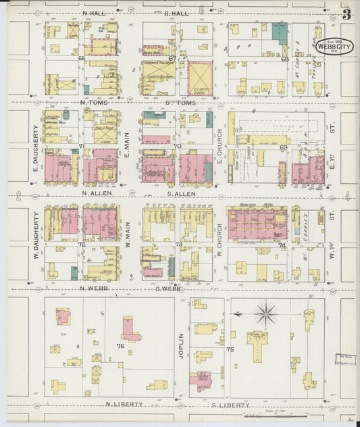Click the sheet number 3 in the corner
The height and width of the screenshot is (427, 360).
pyautogui.click(x=346, y=14)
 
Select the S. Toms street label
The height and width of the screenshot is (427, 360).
pyautogui.click(x=180, y=103)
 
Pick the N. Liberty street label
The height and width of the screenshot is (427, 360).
pyautogui.click(x=124, y=404)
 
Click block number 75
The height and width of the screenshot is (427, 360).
pyautogui.click(x=230, y=349)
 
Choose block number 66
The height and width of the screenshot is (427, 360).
pyautogui.click(x=81, y=59)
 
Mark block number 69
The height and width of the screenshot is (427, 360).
pyautogui.click(x=284, y=147)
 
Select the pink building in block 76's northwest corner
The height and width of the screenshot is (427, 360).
pyautogui.click(x=63, y=316)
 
